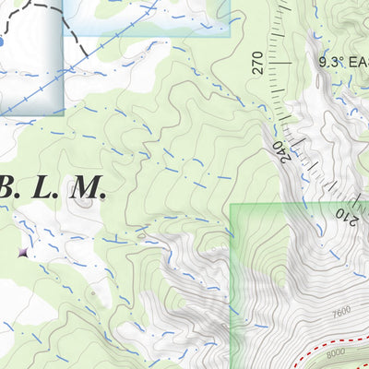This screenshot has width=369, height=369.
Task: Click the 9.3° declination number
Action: click(x=330, y=63)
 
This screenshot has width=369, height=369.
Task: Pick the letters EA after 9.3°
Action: click(x=357, y=63)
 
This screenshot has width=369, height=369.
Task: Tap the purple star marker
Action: click(x=22, y=251)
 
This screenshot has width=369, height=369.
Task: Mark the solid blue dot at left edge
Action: click(x=2, y=42)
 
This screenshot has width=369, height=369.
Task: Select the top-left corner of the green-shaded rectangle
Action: click(x=231, y=205)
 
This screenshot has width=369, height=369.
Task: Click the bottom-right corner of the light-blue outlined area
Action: click(x=229, y=35)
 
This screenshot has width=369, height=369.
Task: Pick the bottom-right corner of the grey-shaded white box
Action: click(x=63, y=118)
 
